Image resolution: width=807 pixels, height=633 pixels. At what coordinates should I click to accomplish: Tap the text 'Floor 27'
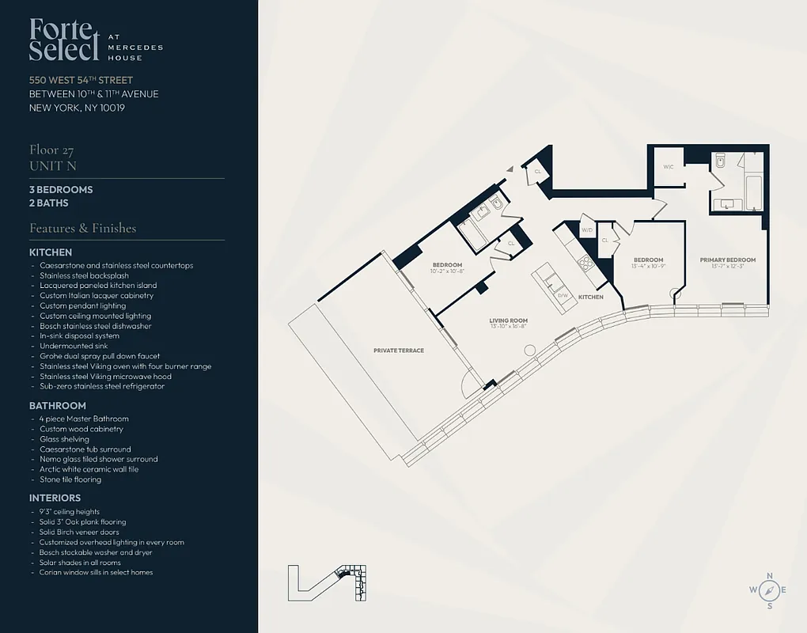coord(51,150)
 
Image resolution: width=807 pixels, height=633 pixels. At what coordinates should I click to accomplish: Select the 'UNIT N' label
coord(53,165)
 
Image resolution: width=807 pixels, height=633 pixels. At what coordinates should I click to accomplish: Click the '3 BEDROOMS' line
coord(61,190)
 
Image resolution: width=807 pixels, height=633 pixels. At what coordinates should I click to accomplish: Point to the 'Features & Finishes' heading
coord(82,228)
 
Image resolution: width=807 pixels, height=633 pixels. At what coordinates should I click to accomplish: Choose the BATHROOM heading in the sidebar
coord(58,406)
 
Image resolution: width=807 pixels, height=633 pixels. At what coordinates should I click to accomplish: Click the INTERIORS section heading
coord(55,498)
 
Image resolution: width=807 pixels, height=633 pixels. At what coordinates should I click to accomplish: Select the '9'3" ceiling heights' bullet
coord(70,512)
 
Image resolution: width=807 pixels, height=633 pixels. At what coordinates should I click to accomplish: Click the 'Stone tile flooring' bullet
coord(70,479)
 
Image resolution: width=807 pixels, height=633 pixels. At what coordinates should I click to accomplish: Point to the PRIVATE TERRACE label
coord(399,351)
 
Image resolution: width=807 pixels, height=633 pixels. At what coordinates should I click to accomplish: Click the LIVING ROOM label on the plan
coord(508,320)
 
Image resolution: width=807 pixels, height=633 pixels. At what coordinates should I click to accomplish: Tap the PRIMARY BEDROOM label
coord(727,260)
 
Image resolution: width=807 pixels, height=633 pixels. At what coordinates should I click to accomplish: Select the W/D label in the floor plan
coord(587,230)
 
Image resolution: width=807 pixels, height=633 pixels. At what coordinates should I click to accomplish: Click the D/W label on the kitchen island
coord(563,295)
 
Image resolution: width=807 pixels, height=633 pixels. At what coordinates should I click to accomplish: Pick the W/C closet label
coord(668,166)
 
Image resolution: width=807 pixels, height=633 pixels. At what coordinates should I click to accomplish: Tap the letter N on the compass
coord(770,575)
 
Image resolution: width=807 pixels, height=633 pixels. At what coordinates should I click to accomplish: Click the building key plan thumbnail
coord(328,582)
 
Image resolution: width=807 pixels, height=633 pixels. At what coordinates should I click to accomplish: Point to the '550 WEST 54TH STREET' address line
coord(81,80)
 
